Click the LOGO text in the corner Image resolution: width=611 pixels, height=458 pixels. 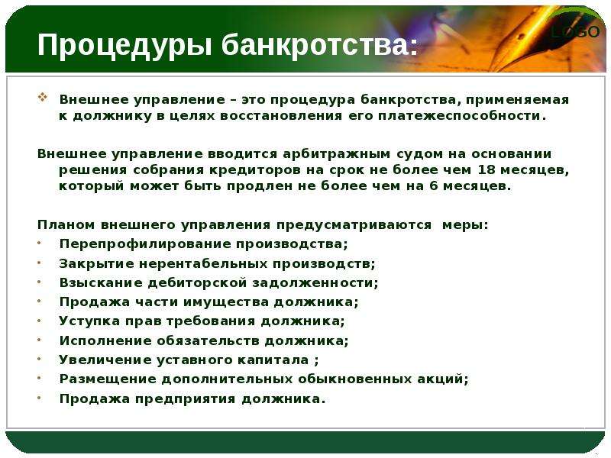tap(575, 32)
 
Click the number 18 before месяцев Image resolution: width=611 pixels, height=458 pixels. tap(486, 169)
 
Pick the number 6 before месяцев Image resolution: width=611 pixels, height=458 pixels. tap(433, 185)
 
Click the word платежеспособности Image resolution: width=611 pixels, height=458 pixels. tap(462, 117)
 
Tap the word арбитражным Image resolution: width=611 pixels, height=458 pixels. tap(336, 155)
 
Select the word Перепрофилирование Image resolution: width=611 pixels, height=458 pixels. tap(144, 244)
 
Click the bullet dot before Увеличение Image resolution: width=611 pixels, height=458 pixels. tap(40, 359)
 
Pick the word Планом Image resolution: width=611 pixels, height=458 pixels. tap(66, 225)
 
